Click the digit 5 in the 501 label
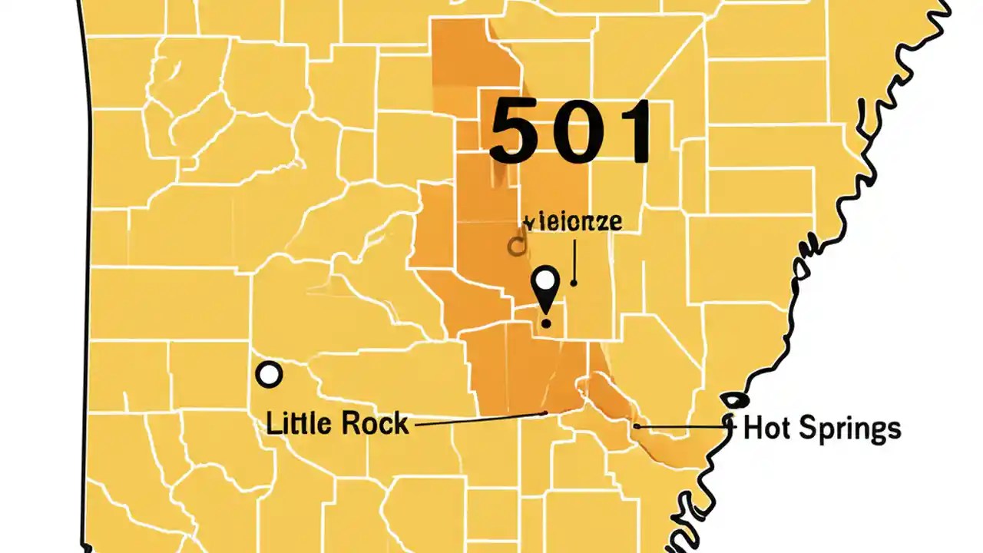515,131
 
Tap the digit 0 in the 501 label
574,131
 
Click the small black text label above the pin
573,222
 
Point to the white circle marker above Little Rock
269,375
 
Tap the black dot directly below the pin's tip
545,324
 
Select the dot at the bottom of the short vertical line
574,283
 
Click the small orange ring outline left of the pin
517,246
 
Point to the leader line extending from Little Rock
476,419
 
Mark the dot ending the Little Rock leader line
544,413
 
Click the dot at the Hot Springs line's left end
637,425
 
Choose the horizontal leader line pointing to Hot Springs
683,426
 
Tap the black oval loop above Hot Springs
734,400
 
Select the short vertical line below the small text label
574,261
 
